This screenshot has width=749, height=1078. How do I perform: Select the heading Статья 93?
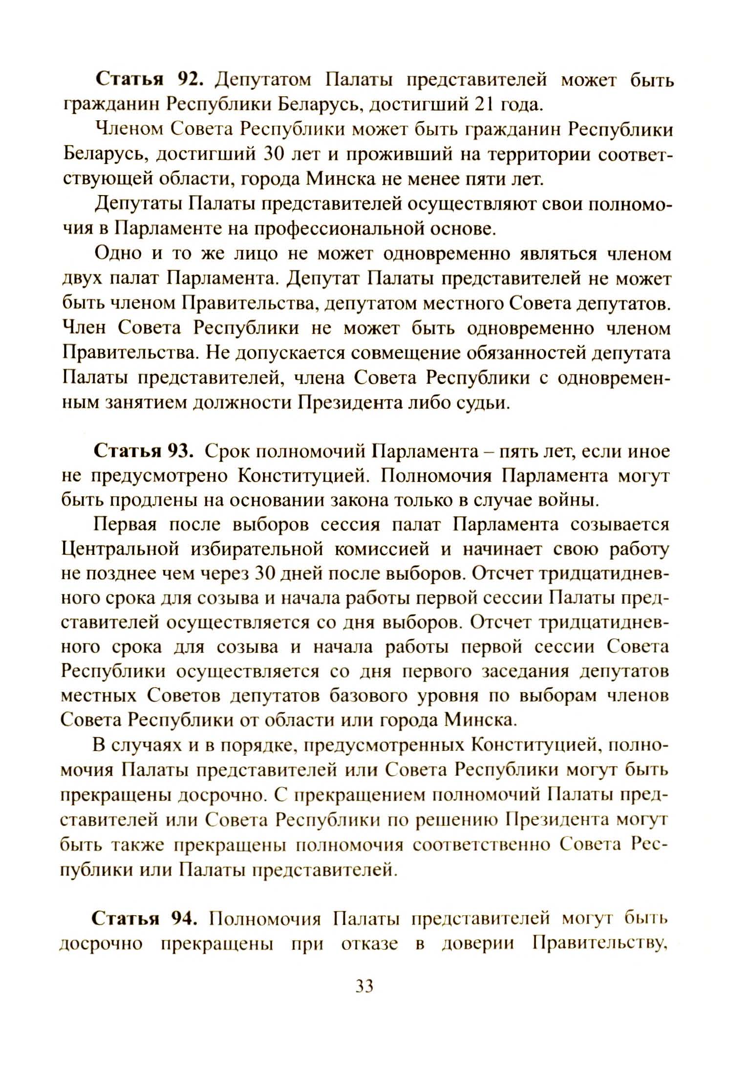pyautogui.click(x=145, y=451)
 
